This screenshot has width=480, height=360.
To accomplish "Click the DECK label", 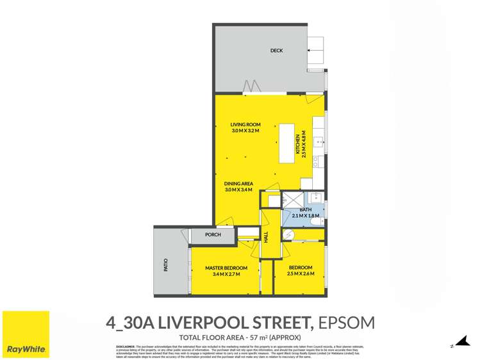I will coord(276,51).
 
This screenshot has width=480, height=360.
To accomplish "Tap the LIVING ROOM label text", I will coord(244,125).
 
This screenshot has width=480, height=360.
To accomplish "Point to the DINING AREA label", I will coord(238,184).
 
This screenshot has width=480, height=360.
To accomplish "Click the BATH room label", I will coord(305,209).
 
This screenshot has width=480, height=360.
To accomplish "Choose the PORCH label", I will coord(213,235).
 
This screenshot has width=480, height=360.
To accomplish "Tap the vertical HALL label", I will coord(266,236).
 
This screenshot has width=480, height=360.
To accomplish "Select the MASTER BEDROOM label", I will coord(226,268).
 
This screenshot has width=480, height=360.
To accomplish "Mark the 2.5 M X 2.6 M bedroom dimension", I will coord(300,274).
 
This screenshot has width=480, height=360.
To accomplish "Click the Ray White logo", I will coord(26,335).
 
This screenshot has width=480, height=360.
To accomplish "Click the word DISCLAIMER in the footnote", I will coord(126,345).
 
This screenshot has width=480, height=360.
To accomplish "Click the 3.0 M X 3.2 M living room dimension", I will coord(244,131).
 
